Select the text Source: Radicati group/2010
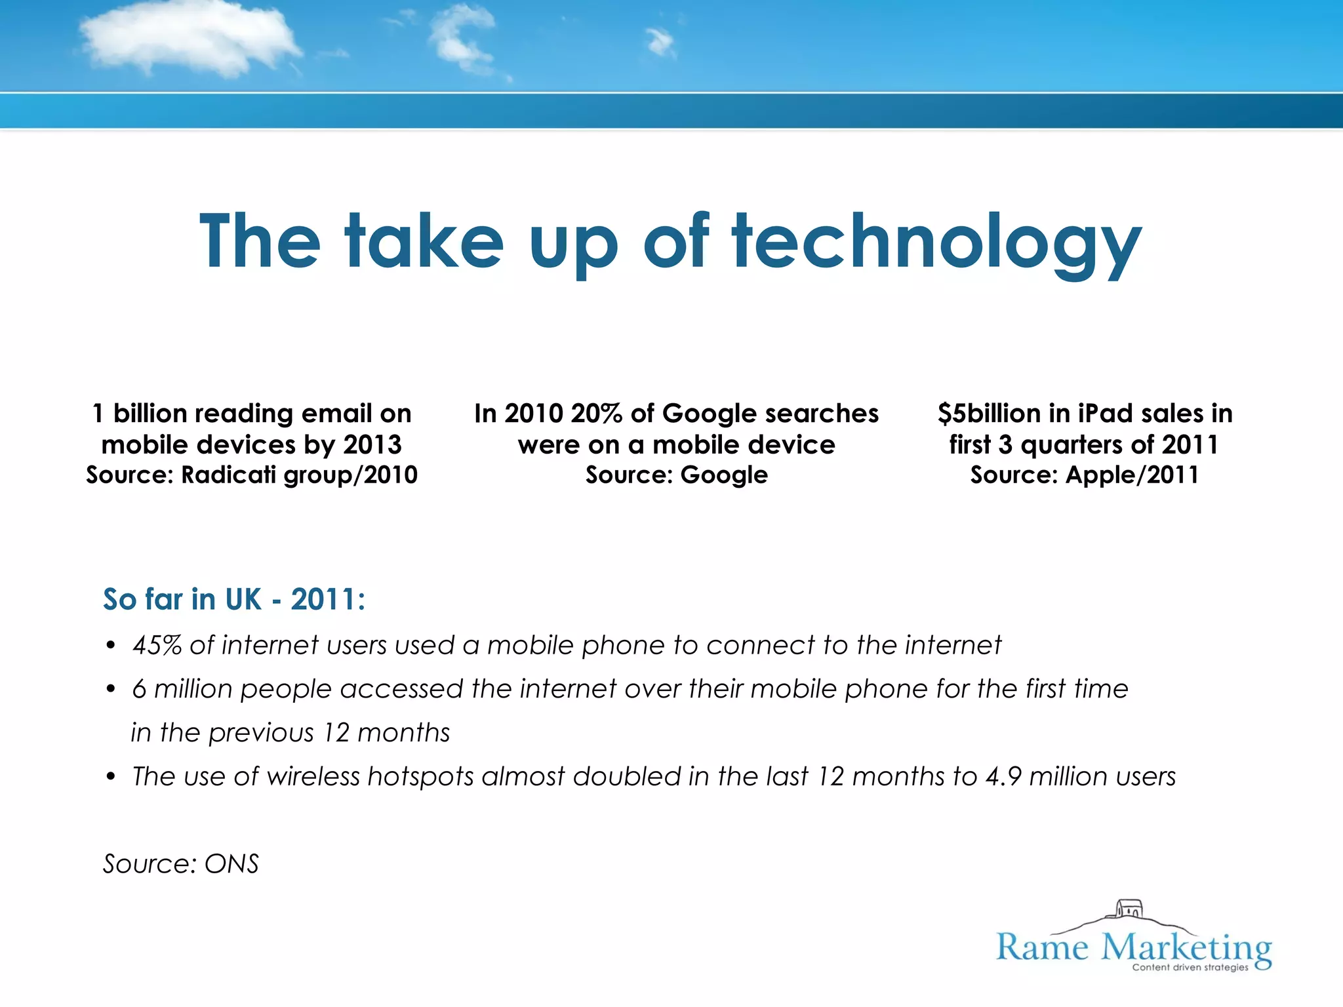[252, 475]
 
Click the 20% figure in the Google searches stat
[596, 414]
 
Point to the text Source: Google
[676, 475]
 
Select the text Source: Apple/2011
[1085, 475]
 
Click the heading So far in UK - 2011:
[234, 599]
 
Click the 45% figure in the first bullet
[157, 645]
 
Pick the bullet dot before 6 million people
[111, 690]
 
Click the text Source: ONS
[181, 864]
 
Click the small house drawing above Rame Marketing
[1129, 910]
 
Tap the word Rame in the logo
[1042, 948]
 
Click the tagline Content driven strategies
[1190, 967]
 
